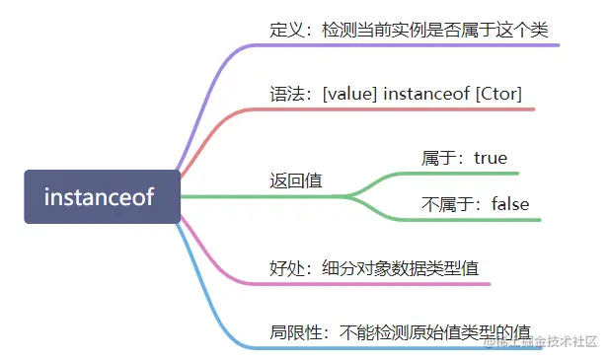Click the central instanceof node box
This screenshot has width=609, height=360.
click(x=103, y=196)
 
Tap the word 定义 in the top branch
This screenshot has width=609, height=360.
click(x=285, y=29)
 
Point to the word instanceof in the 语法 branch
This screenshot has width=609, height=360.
click(x=422, y=95)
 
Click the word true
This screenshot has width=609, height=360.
click(x=491, y=158)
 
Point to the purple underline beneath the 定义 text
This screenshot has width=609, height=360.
click(x=415, y=45)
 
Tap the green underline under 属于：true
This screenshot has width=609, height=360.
click(x=464, y=174)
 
